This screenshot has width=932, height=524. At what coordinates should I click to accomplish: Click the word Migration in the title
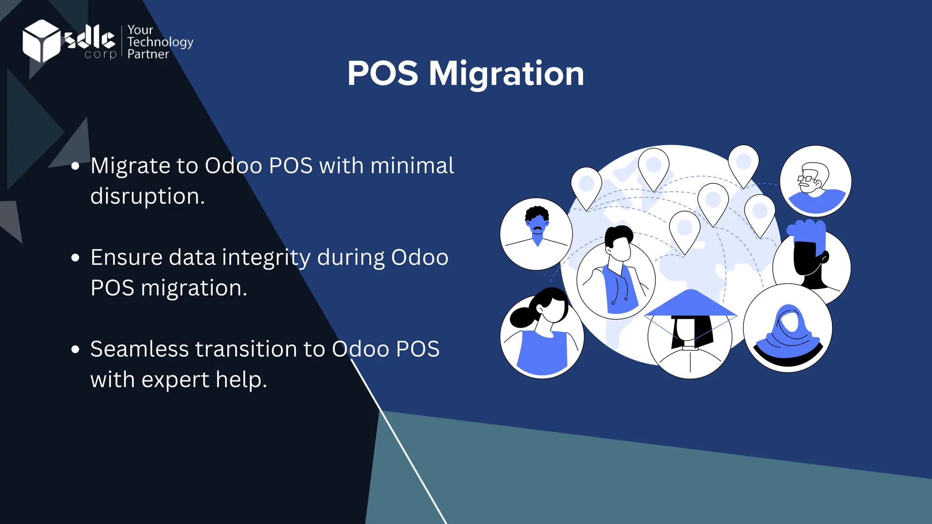(506, 74)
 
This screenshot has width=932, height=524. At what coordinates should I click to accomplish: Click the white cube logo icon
(41, 41)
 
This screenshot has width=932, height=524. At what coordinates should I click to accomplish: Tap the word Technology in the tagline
(160, 42)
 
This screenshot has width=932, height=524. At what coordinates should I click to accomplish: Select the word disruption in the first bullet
(147, 196)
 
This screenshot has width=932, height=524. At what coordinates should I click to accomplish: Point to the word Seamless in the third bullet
(139, 349)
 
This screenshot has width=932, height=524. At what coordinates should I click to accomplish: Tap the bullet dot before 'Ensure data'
(76, 258)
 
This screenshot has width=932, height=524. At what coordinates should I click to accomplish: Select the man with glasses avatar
(815, 181)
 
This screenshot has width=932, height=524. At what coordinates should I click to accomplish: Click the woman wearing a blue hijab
(788, 328)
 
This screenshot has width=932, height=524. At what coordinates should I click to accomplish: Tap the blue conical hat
(690, 304)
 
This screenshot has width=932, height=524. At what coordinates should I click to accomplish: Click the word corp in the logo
(100, 54)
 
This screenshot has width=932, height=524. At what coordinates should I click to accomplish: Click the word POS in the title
(382, 74)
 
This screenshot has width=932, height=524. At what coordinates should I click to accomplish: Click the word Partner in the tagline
(148, 54)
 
